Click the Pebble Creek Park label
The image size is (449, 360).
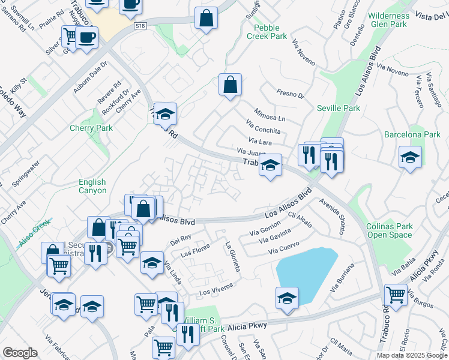click(270, 32)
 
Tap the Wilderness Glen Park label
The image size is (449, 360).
click(389, 20)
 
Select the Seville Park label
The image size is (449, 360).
click(339, 108)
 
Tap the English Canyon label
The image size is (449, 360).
click(92, 186)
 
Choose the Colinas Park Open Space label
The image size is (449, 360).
click(390, 231)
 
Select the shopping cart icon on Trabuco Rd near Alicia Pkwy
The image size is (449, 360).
click(396, 295)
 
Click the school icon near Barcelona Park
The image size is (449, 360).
click(411, 157)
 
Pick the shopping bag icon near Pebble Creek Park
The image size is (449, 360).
click(230, 85)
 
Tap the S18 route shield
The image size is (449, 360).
click(140, 26)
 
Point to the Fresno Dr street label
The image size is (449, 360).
click(291, 94)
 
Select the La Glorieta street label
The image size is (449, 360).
click(232, 256)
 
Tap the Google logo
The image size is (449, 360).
click(20, 353)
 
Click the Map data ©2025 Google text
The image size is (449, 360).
click(412, 355)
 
